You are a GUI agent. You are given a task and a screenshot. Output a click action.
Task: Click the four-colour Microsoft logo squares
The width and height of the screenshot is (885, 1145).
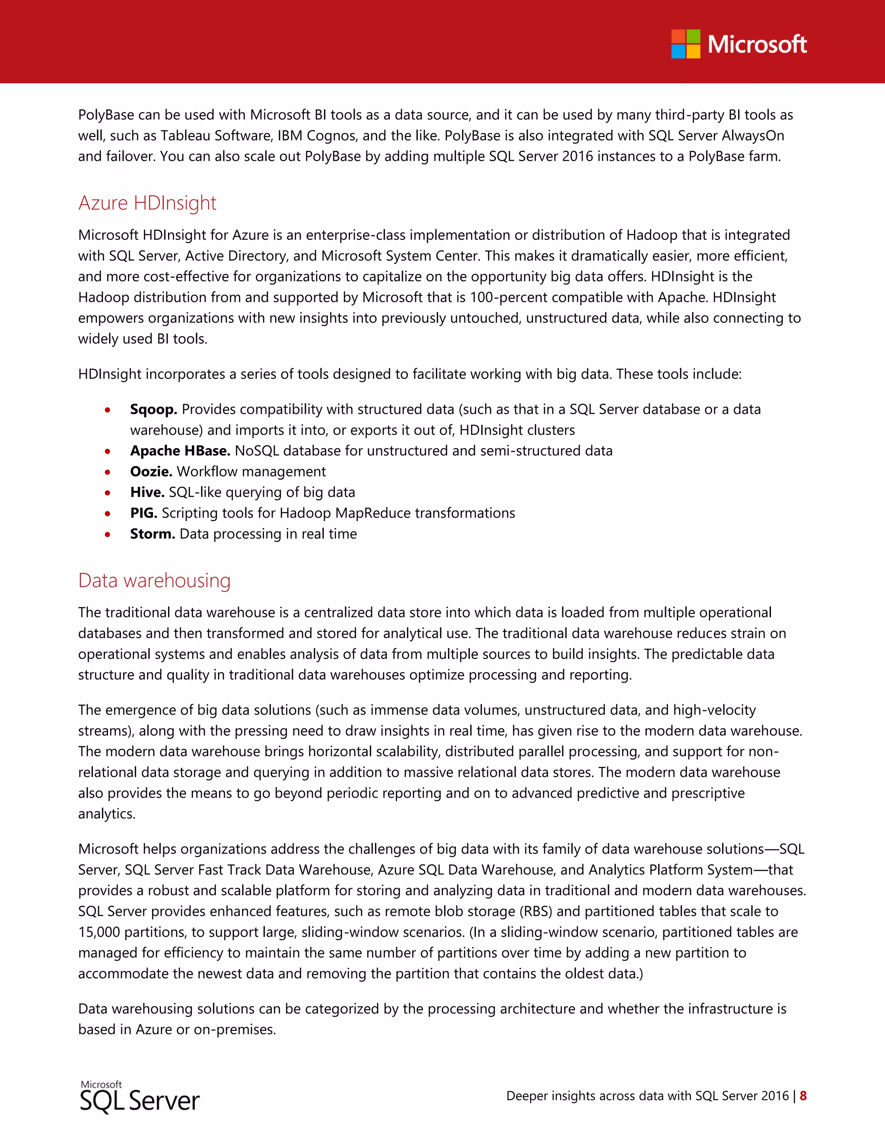tap(685, 44)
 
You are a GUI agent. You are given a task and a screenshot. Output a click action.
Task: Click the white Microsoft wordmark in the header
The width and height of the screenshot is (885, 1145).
tap(757, 45)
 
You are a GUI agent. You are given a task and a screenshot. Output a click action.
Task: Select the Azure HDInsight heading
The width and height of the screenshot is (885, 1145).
tap(147, 203)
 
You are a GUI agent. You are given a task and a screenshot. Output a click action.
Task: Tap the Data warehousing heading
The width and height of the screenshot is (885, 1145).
tap(154, 580)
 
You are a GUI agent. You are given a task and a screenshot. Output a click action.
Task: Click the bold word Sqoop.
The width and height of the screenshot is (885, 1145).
tap(153, 410)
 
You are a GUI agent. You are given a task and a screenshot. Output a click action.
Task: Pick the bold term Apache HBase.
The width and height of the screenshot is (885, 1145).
tap(180, 451)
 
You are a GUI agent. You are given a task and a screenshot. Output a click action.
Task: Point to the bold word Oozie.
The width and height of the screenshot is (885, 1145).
tap(151, 471)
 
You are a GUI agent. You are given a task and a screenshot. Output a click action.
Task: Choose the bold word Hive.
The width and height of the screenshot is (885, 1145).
tap(147, 492)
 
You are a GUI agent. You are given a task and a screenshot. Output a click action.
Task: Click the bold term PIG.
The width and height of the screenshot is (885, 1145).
tap(143, 513)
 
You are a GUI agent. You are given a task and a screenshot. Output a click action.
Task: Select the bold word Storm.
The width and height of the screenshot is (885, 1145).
tap(152, 534)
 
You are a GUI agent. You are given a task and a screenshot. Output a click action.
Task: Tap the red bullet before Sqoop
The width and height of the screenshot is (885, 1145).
tap(108, 410)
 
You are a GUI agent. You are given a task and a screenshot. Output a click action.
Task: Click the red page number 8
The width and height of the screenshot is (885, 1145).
tap(803, 1096)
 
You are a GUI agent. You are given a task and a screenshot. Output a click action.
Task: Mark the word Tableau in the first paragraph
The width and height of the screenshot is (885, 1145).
tap(185, 136)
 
